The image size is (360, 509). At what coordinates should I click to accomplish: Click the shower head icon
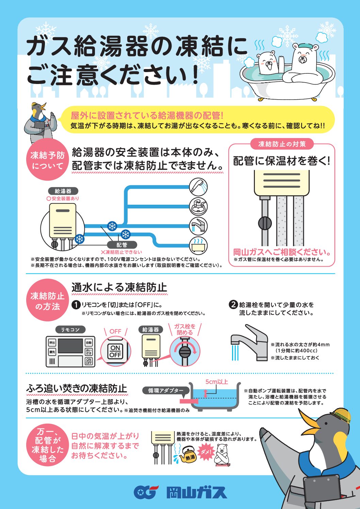click(198, 187)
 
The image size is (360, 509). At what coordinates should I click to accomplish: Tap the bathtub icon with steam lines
click(198, 245)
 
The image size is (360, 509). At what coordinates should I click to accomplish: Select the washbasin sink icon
click(198, 206)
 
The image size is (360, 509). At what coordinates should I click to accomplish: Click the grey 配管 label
click(122, 245)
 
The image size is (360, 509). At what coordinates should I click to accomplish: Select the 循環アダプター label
click(166, 390)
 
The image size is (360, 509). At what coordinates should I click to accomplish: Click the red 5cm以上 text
click(216, 382)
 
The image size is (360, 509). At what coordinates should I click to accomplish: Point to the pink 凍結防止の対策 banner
click(282, 144)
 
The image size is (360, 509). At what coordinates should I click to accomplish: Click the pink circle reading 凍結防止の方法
click(48, 300)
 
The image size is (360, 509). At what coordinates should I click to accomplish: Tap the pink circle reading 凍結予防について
click(48, 159)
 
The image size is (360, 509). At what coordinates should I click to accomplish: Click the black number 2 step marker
click(233, 305)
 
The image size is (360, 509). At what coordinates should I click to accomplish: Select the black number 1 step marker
click(76, 305)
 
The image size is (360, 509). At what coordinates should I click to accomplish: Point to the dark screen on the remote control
click(70, 346)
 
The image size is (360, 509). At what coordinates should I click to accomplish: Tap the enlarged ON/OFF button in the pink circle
click(115, 351)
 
